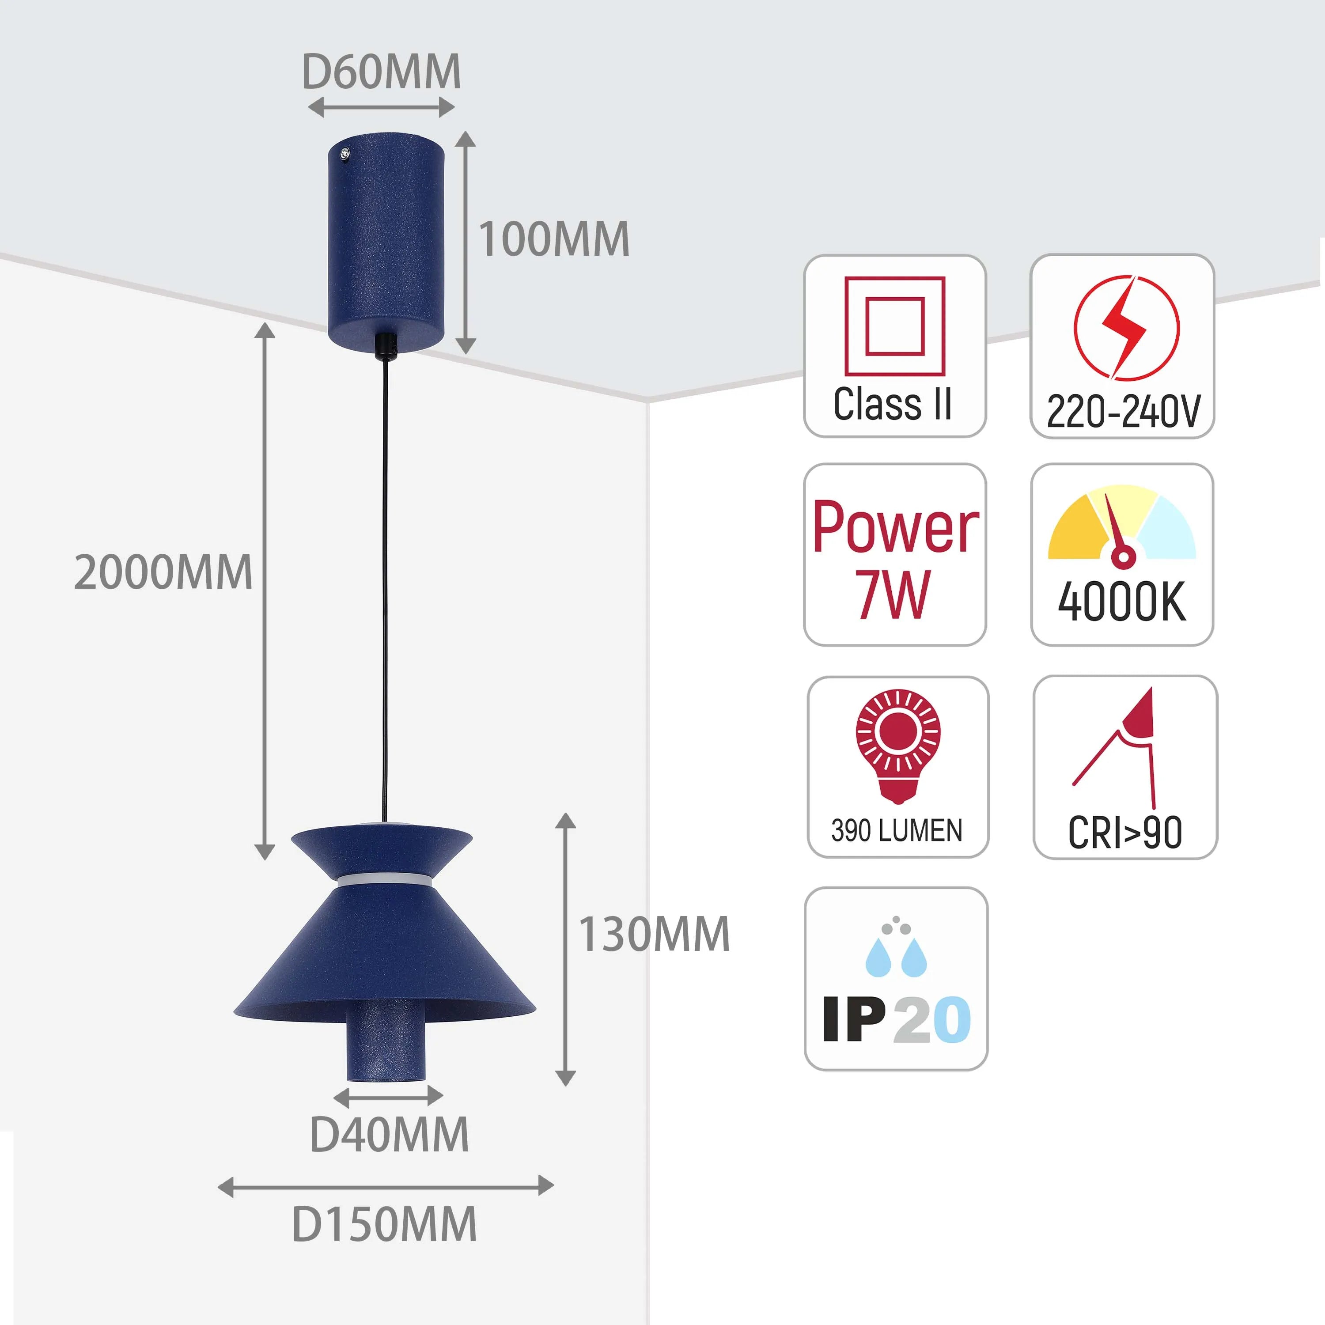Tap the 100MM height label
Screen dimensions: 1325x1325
[x=553, y=239]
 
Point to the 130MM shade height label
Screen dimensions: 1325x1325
[x=654, y=934]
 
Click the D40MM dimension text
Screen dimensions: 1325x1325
[x=389, y=1135]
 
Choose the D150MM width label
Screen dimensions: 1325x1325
[x=384, y=1224]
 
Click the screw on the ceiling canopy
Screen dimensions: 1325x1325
[x=345, y=154]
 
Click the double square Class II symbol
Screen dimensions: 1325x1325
[x=894, y=326]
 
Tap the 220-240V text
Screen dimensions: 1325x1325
[x=1123, y=412]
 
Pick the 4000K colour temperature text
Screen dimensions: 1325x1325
[x=1122, y=602]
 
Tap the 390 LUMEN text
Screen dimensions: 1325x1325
[x=897, y=830]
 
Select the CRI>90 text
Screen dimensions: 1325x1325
[x=1125, y=833]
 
